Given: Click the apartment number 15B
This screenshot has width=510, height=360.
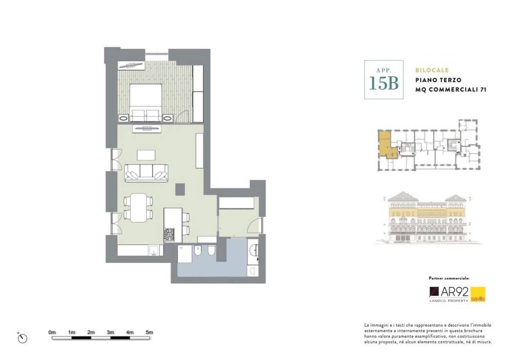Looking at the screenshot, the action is click(383, 83).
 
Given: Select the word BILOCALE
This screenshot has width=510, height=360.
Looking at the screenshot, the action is click(432, 70).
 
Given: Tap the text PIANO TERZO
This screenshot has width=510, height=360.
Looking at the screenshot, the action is click(438, 80).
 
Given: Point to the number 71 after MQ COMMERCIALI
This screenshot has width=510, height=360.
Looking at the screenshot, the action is click(483, 90).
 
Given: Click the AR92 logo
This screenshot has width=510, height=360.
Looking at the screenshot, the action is click(449, 294).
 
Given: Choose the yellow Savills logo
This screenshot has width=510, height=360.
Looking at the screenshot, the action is click(478, 294).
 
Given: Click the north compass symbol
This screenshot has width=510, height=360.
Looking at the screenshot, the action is click(22, 338).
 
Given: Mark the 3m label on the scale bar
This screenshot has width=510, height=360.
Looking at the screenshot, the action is click(110, 332).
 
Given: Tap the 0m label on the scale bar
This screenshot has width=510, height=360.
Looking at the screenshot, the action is click(52, 332).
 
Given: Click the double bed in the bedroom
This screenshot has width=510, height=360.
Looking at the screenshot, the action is click(146, 103).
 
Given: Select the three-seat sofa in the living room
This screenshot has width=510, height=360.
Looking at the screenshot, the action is click(146, 173).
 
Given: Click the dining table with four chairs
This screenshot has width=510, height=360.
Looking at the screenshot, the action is click(138, 208).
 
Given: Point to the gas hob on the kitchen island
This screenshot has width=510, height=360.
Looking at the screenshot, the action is click(169, 235).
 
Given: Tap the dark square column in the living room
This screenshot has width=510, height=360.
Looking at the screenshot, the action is click(180, 189).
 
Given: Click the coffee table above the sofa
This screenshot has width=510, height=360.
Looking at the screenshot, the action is click(146, 155).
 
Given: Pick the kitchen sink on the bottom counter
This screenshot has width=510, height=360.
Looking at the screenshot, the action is click(154, 250).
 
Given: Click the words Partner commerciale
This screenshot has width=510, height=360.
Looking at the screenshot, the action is click(449, 278).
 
